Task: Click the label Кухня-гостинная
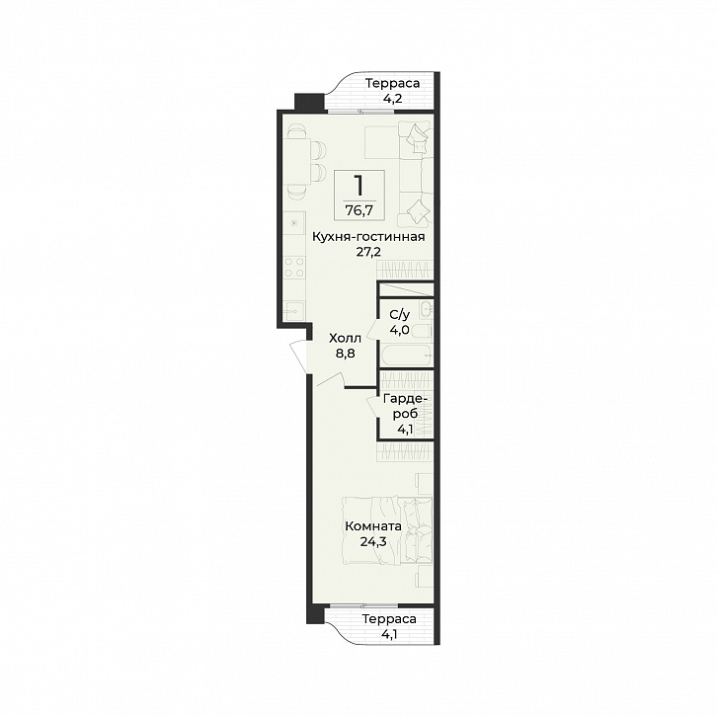click(x=368, y=237)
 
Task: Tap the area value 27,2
click(x=368, y=252)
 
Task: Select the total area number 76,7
click(x=358, y=210)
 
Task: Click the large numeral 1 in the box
click(x=358, y=186)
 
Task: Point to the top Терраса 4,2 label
click(x=392, y=91)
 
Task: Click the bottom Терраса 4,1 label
click(x=389, y=626)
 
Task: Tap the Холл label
click(x=346, y=339)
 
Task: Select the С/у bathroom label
click(x=400, y=315)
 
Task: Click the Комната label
click(x=373, y=526)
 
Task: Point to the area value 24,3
click(x=373, y=542)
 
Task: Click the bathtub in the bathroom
click(x=406, y=356)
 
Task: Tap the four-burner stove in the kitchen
click(x=294, y=267)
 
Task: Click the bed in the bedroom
click(x=387, y=530)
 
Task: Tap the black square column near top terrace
click(x=309, y=102)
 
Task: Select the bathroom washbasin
click(x=427, y=309)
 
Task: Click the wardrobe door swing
click(x=372, y=405)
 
